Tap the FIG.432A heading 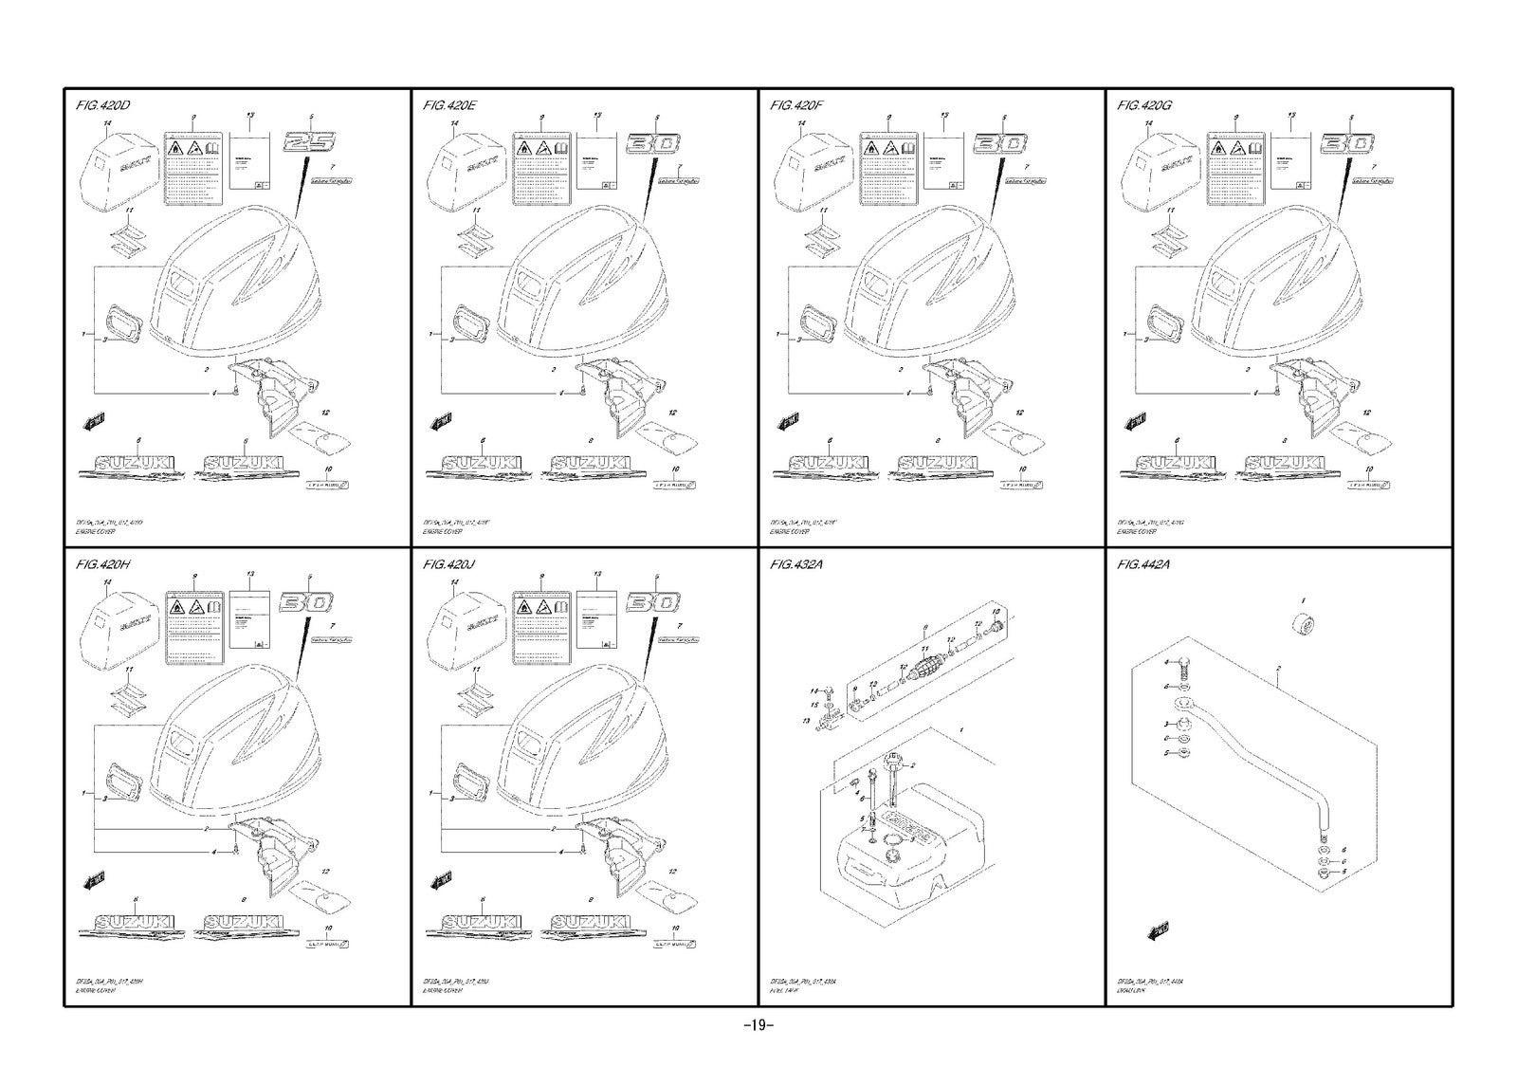(797, 564)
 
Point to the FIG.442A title (1143, 564)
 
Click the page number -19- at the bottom (758, 1024)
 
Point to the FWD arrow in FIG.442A (1158, 929)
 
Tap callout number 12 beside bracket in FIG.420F (1019, 413)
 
